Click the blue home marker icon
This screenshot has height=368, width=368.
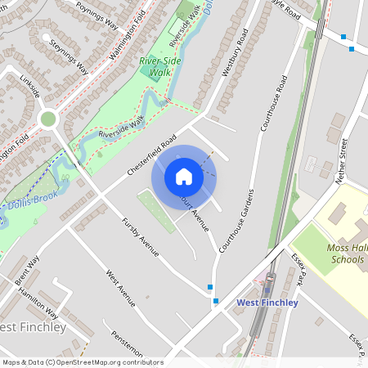point(184,177)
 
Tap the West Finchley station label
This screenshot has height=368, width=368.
point(267,303)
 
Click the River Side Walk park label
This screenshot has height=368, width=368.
point(159,66)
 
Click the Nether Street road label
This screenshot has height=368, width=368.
point(336,160)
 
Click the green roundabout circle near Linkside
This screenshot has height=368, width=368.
point(48,119)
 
